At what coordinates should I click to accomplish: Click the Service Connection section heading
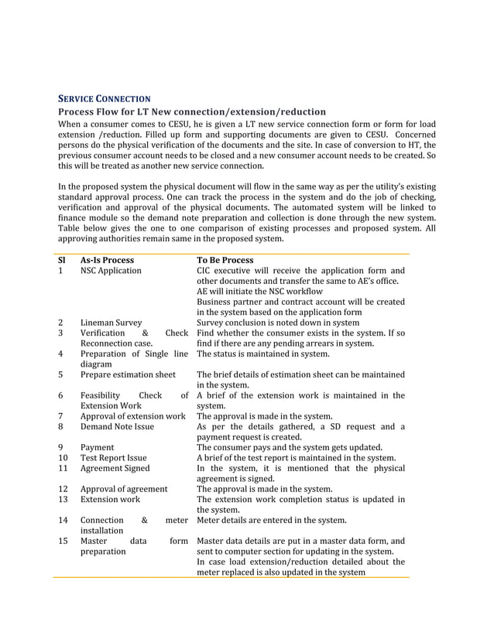point(105,98)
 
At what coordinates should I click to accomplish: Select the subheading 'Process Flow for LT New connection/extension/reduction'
point(192,112)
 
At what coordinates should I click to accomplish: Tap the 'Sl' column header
point(61,260)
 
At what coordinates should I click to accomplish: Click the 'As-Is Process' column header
point(107,260)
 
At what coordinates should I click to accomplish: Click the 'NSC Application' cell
point(111,271)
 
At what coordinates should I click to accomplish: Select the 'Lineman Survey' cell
point(111,322)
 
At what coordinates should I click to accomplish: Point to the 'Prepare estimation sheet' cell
point(128,374)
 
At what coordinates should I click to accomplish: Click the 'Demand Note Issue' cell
point(117,426)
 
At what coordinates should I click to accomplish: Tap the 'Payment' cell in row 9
point(97,447)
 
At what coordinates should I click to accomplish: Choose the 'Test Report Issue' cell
point(113,457)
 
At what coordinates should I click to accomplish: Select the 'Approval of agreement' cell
point(124,489)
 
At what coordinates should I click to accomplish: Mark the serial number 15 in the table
point(63,541)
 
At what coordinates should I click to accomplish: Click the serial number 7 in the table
point(60,416)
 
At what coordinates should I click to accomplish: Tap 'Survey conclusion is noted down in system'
point(277,322)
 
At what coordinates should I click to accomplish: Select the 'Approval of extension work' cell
point(132,416)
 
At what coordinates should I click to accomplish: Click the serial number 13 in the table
point(63,499)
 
